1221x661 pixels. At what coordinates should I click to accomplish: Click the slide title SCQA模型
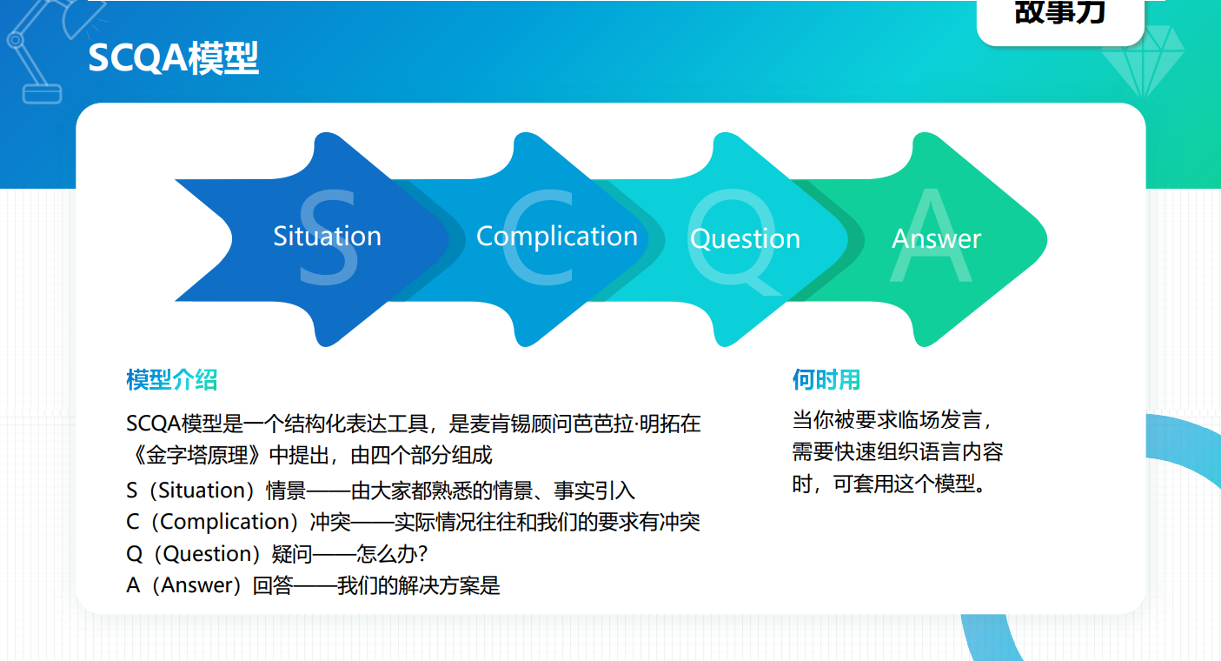coord(173,57)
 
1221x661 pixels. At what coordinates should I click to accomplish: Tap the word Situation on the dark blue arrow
coord(327,237)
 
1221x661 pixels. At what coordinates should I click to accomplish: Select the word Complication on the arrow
coord(557,237)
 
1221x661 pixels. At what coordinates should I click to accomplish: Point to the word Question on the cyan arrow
coord(745,239)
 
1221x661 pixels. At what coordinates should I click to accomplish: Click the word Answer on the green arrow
coord(937,238)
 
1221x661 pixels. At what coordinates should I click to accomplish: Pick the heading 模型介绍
coord(172,379)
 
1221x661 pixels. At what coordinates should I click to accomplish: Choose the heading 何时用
coord(826,379)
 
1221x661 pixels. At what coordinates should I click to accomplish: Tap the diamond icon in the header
coord(1143,61)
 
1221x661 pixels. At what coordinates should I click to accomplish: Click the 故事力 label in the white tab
coord(1060,12)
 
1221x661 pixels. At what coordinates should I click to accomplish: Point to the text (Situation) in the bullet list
coord(202,491)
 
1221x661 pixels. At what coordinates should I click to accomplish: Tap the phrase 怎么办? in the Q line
coord(392,554)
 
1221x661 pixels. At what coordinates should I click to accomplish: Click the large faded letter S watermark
coord(328,237)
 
